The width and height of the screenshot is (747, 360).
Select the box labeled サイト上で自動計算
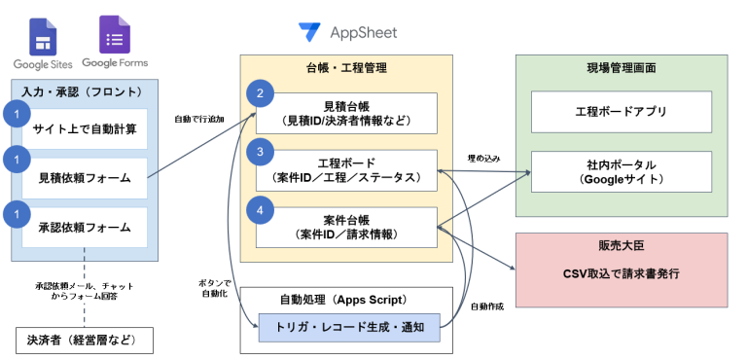click(84, 127)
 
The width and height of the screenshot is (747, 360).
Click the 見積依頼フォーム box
click(84, 177)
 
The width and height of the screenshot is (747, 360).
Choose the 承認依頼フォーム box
click(84, 229)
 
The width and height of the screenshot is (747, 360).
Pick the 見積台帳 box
click(346, 113)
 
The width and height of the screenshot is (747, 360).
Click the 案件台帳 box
click(346, 225)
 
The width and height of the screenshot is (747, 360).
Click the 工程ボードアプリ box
click(621, 112)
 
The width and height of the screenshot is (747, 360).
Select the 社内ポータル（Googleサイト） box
click(621, 173)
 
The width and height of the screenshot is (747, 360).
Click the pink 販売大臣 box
click(621, 267)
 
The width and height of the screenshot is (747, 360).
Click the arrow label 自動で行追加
click(198, 120)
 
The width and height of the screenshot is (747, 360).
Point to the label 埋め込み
click(483, 157)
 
